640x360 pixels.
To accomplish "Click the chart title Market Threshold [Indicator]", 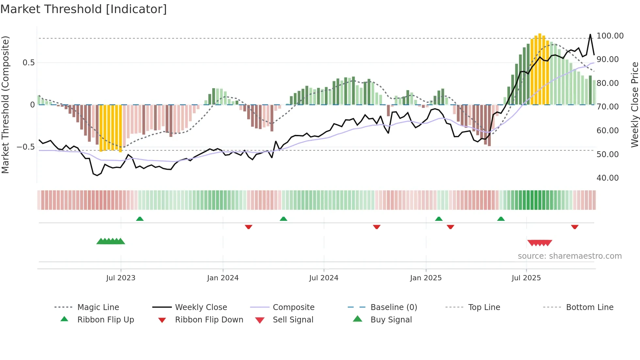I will click(x=84, y=9).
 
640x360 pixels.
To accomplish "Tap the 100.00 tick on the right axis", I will click(x=610, y=36).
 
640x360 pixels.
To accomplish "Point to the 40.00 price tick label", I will click(x=607, y=178).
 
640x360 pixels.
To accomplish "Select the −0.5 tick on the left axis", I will click(x=25, y=147).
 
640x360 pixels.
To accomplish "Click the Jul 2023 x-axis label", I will click(x=120, y=278).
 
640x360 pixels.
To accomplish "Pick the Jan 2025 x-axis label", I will click(x=426, y=278).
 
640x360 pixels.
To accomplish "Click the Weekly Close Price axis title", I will click(x=634, y=105).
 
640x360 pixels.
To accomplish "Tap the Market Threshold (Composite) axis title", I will click(x=5, y=105).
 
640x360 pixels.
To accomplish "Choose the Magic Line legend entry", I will click(x=98, y=307).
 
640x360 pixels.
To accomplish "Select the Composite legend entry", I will click(x=293, y=307).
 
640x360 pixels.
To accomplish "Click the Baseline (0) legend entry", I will click(x=393, y=307).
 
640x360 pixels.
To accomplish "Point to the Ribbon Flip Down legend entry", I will click(x=209, y=320).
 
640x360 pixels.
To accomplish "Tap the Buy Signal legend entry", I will click(x=391, y=320).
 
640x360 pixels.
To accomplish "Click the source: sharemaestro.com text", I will click(x=569, y=256).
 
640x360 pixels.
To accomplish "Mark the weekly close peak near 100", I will click(x=590, y=35).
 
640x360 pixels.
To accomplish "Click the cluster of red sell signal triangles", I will click(x=539, y=243).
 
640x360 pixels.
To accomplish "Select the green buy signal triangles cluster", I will click(x=111, y=241).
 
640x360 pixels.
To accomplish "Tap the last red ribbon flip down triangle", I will click(x=575, y=227).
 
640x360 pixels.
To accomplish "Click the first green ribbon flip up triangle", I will click(x=140, y=219).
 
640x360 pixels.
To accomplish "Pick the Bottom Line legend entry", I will click(x=589, y=307).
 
